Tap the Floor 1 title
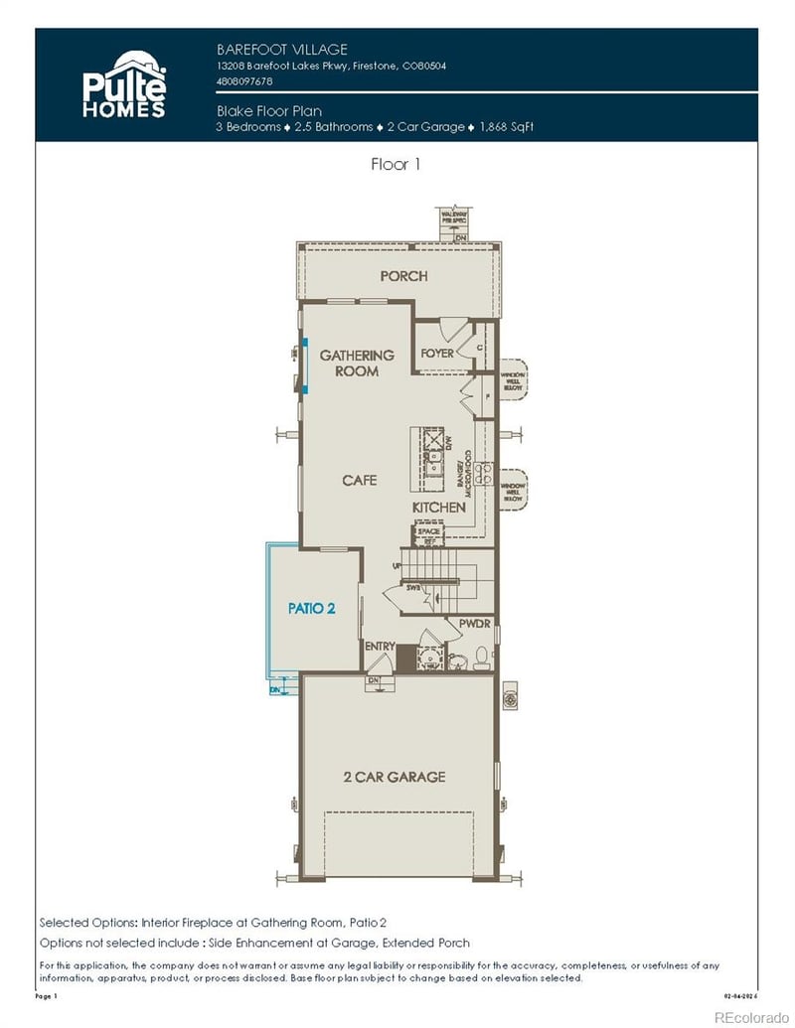396,165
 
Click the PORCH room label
403,275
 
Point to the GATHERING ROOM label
357,363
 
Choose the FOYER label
437,354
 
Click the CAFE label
360,480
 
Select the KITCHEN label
439,508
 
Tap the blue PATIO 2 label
311,608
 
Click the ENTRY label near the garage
380,647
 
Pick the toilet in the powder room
480,656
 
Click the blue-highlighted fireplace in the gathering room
305,367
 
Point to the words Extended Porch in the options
430,942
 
